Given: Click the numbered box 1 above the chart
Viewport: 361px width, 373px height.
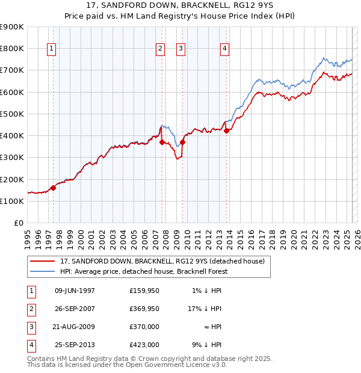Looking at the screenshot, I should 51,49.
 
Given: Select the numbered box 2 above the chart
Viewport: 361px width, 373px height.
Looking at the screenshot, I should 160,49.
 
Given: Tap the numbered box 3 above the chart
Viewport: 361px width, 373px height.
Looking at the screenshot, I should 180,49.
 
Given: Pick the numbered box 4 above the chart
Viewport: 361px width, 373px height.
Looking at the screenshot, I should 224,49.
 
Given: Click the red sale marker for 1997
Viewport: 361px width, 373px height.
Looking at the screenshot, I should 53,188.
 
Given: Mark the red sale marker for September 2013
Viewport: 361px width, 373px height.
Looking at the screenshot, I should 226,131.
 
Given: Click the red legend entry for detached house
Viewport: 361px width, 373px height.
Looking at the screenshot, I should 162,262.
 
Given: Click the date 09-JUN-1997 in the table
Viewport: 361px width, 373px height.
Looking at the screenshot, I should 75,291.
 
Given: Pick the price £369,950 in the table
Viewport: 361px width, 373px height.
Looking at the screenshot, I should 144,309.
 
